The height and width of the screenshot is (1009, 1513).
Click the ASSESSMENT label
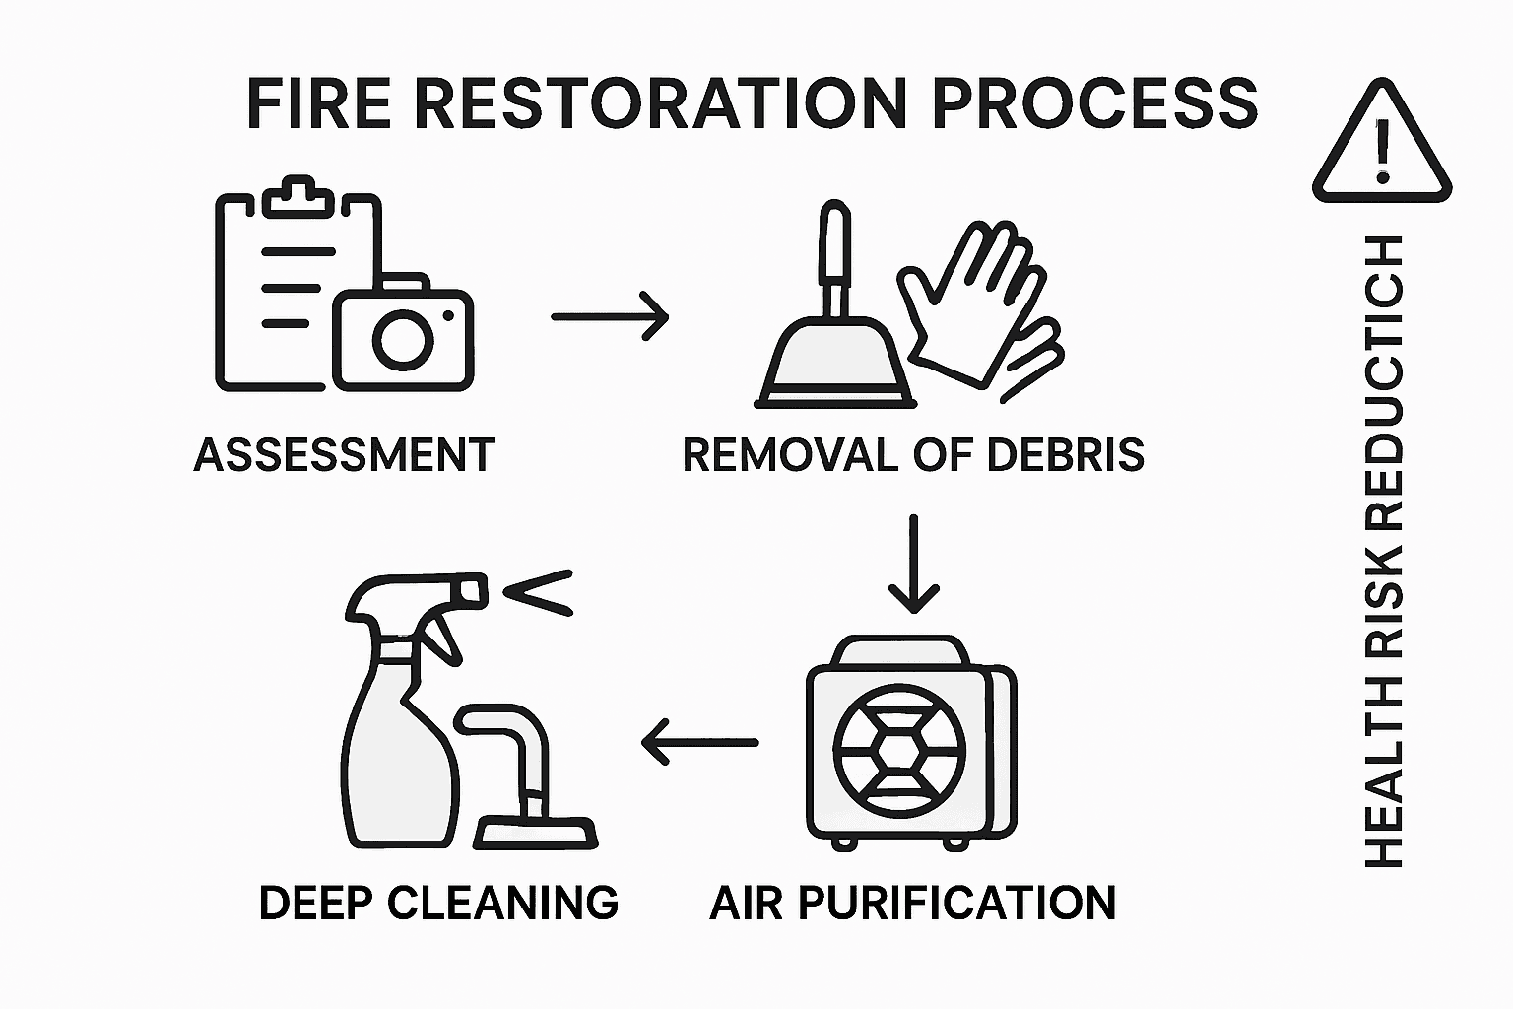(x=344, y=455)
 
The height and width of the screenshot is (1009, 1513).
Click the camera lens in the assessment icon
(x=402, y=340)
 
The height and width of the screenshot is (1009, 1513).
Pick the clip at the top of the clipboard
(x=297, y=196)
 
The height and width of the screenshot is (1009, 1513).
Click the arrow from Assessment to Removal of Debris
(x=610, y=316)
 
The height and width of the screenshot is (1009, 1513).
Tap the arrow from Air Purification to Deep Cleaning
(x=699, y=742)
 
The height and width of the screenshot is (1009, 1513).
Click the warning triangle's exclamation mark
(x=1382, y=151)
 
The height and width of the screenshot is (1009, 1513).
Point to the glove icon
(x=975, y=305)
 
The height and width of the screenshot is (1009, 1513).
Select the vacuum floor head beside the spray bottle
(x=537, y=834)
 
